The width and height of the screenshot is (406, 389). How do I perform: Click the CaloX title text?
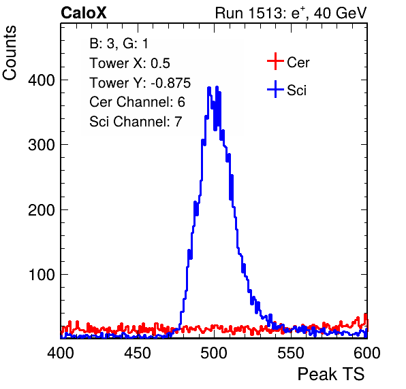pos(84,13)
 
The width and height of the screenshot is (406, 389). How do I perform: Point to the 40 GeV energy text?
pos(340,13)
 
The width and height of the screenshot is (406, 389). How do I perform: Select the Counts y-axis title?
pos(10,53)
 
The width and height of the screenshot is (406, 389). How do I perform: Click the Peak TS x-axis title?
pos(331,374)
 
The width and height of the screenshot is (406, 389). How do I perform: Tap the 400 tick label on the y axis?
pos(42,80)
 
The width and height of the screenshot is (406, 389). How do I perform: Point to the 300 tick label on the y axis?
pos(42,145)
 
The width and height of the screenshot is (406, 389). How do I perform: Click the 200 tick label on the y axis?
pos(42,210)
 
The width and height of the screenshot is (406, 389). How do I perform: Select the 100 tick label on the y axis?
pos(42,275)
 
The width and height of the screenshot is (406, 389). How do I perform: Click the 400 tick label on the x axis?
pos(61,352)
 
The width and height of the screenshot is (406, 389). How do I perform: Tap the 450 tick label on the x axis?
pos(138,352)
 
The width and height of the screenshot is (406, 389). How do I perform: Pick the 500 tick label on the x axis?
pos(214,352)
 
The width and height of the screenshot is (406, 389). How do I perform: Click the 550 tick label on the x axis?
pos(291,352)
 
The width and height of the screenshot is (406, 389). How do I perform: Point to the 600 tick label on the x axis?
pos(367,352)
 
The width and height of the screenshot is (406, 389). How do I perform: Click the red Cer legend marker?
pos(275,61)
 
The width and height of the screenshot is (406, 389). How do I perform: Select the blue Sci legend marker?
pos(275,89)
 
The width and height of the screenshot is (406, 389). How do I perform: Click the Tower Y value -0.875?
pos(171,83)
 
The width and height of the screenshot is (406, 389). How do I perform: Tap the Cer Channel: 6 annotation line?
pos(137,102)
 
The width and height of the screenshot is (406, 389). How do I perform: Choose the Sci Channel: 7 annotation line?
pos(136,122)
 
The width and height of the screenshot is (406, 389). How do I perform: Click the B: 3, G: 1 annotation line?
pos(119,44)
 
